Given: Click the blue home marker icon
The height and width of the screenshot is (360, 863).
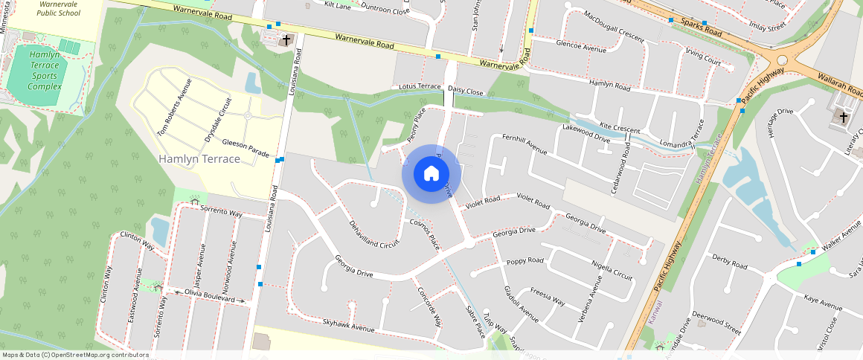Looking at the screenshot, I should pos(431,174).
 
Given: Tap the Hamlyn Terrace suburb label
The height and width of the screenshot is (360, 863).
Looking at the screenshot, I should pos(199,159).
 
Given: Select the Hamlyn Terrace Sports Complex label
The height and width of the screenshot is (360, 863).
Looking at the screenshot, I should pos(45,71).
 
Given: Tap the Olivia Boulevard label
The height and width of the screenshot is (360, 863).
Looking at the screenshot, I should pos(205,296).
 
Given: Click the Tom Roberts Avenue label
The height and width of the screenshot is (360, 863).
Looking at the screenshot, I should pos(174,107).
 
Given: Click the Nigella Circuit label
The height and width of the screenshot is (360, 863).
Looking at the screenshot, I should pos(611,270).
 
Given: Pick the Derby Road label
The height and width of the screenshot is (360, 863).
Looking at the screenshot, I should pos(729,261).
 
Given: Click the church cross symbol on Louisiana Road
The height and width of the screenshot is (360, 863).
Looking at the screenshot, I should pos(286,39).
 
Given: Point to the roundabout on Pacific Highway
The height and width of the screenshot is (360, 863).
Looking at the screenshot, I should pos(783,60).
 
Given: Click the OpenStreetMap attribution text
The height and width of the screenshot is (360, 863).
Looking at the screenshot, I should pos(75,355).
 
